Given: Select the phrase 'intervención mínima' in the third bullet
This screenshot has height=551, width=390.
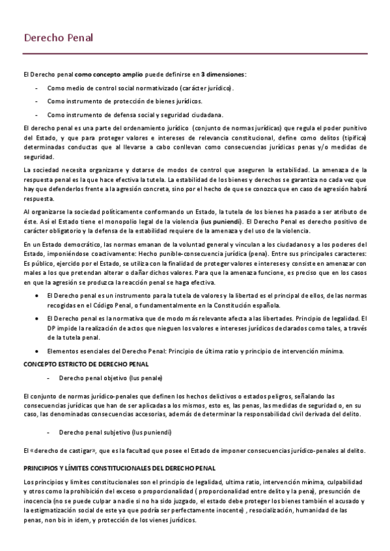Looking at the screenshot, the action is (x=314, y=351).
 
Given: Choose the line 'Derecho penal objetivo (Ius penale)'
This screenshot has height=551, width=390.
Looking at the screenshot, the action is (x=111, y=378).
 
